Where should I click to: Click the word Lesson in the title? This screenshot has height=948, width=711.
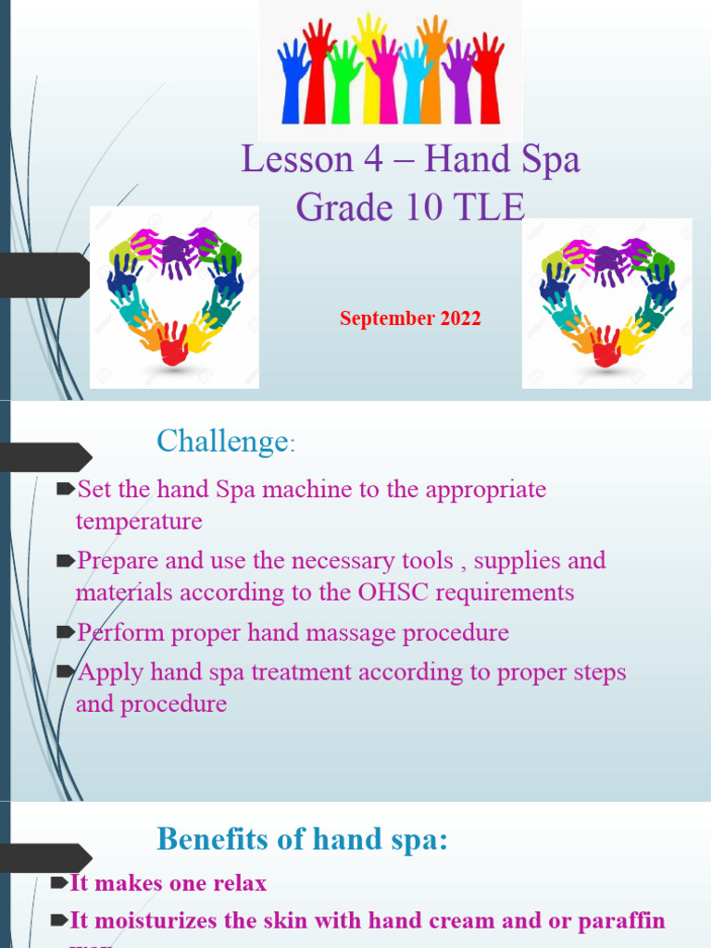point(285,160)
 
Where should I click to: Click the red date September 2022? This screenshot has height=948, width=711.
point(410,318)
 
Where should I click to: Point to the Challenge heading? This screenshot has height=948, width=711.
point(222,442)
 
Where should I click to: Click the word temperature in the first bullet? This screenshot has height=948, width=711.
point(139,521)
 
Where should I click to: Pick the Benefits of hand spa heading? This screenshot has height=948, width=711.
point(302,840)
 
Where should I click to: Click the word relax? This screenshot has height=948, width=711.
point(239,883)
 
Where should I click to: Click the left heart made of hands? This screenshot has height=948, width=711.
point(175,295)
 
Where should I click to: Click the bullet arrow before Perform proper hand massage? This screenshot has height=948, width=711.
point(65,634)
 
